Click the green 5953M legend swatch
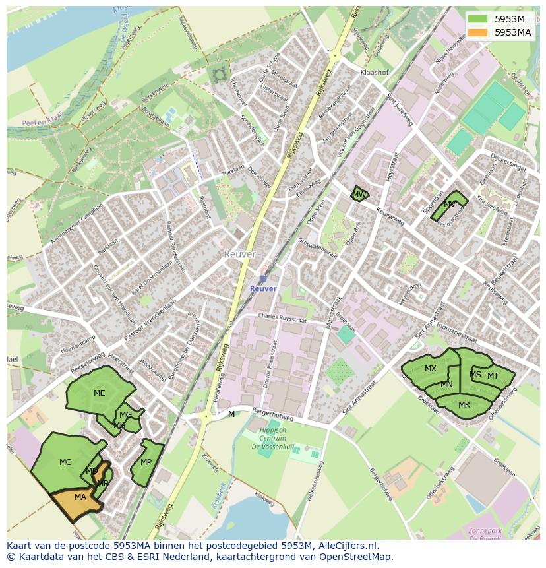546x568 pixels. click(479, 18)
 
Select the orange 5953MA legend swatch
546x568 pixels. click(479, 32)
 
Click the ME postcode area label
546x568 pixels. click(99, 393)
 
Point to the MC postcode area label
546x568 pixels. click(65, 462)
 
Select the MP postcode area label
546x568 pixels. click(146, 462)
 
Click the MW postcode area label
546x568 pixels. click(359, 195)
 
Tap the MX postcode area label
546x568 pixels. click(430, 369)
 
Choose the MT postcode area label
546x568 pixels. click(493, 376)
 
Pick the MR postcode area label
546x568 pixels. click(464, 405)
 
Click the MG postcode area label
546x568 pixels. click(125, 415)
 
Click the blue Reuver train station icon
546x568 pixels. click(263, 279)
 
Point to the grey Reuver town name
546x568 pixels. click(239, 254)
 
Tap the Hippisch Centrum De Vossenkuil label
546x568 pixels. click(272, 438)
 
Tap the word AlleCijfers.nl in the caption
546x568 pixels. click(349, 546)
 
